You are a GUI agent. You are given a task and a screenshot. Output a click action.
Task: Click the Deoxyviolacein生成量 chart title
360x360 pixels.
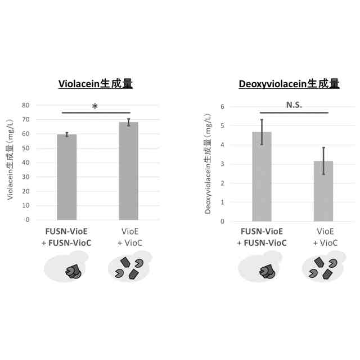click(289, 84)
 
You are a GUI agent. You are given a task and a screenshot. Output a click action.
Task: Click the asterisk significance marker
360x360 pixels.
click(94, 107)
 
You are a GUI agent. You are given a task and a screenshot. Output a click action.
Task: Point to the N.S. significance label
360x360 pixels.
click(294, 105)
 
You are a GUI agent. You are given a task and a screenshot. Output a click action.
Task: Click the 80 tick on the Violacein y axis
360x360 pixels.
click(25, 105)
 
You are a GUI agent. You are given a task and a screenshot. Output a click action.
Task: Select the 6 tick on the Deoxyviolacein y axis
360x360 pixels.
click(222, 107)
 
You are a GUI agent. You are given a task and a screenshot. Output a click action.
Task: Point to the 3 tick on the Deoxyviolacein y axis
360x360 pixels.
click(222, 164)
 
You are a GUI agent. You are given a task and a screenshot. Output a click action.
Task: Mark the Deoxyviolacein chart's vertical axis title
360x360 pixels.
click(208, 163)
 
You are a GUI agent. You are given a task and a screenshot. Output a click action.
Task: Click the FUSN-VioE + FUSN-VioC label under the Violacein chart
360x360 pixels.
click(67, 237)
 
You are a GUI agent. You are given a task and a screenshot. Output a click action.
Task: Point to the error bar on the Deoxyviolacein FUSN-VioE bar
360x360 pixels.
click(262, 132)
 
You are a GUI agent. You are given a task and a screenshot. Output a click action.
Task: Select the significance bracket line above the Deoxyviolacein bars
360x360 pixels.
click(294, 112)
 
